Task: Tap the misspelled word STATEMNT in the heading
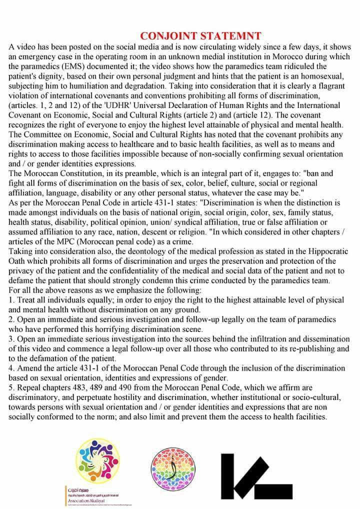point(229,36)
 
